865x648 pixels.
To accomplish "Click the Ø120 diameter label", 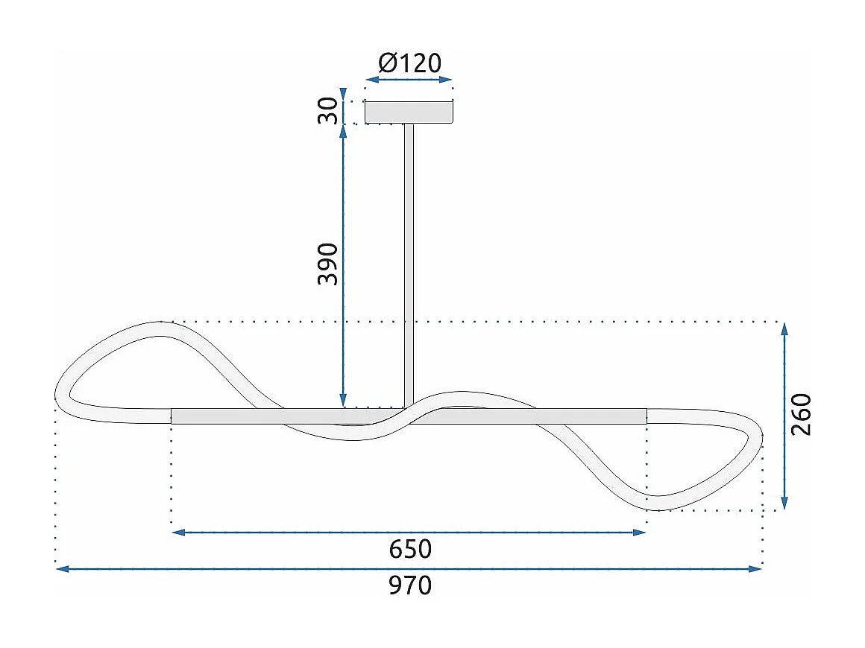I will [409, 63].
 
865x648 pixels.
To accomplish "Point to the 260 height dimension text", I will [801, 414].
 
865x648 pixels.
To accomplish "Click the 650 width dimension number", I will [410, 549].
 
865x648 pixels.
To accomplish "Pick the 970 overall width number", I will [410, 586].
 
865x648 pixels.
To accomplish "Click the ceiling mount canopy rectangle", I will [409, 112].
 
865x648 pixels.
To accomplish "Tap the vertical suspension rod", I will [409, 261].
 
